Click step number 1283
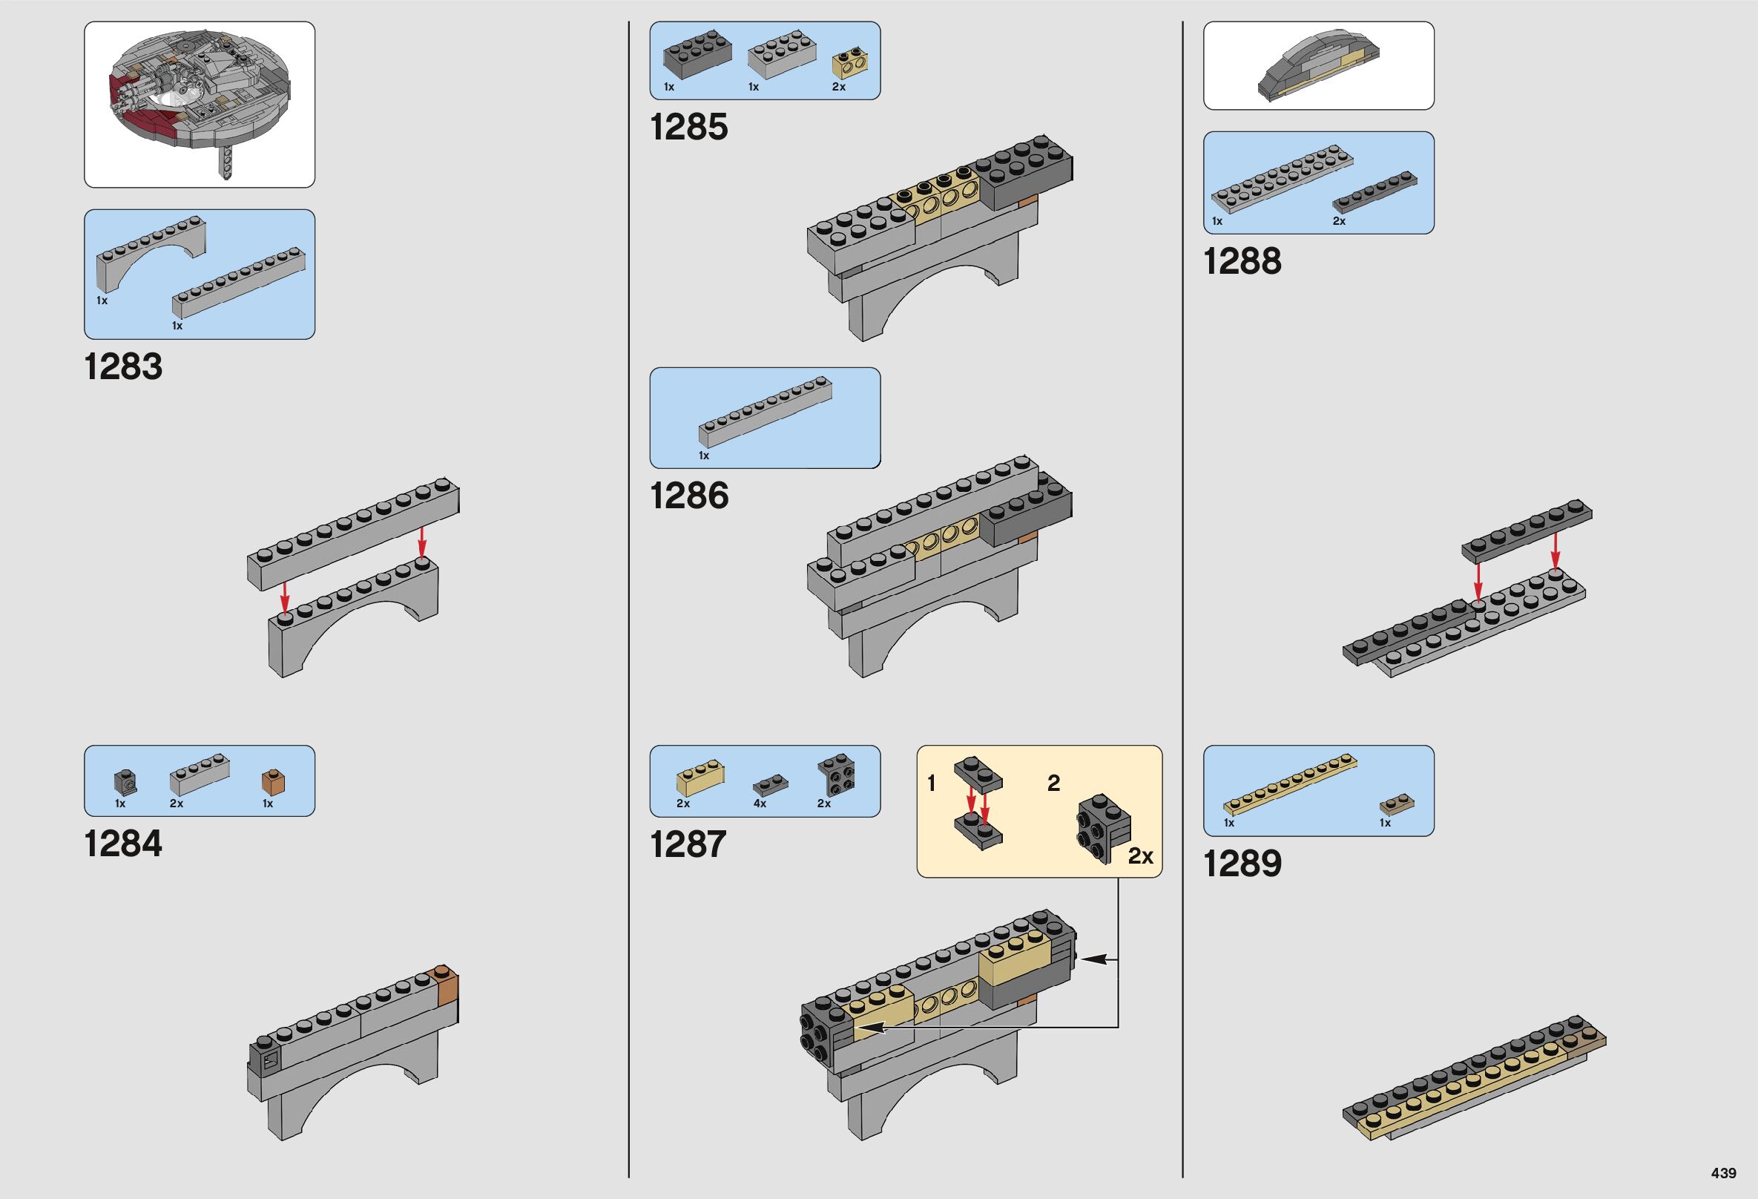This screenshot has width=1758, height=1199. (x=123, y=367)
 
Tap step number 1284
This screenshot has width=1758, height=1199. (x=123, y=844)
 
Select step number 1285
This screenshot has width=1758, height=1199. (x=688, y=127)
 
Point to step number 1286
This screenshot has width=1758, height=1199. (x=689, y=496)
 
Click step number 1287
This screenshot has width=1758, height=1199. (x=688, y=844)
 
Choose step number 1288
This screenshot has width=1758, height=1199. (x=1242, y=262)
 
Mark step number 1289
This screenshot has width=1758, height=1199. (x=1242, y=864)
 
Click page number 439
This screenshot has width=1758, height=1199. (x=1723, y=1173)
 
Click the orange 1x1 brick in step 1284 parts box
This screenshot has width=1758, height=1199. (x=273, y=781)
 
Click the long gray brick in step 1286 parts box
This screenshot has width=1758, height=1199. (x=764, y=413)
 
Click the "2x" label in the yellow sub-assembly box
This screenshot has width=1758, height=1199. (x=1140, y=856)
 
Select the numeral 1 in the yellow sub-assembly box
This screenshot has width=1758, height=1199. (x=931, y=784)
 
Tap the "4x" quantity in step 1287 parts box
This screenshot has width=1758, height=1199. (x=760, y=804)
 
